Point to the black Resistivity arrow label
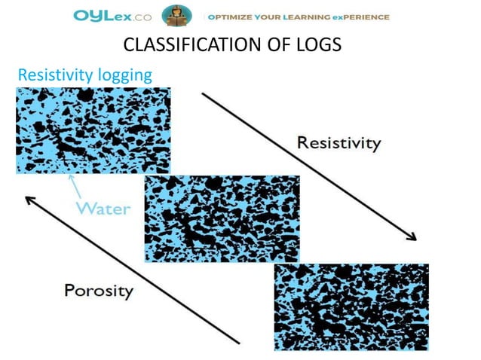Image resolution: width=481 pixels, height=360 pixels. (339, 142)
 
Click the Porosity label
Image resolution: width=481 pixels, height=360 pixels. (99, 290)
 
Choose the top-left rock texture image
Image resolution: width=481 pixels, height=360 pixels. (93, 130)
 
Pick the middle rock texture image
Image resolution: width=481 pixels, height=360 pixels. (222, 218)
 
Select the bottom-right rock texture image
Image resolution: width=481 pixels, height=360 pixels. (351, 307)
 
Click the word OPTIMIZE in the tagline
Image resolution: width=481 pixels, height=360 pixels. (236, 17)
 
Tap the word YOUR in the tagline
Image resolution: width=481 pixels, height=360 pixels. (277, 17)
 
